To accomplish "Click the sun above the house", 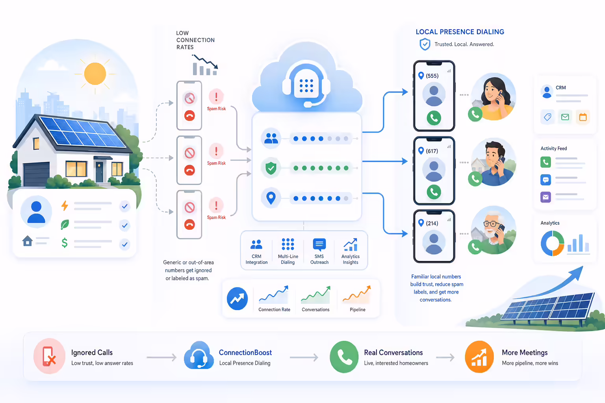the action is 95,74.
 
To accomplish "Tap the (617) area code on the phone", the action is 432,151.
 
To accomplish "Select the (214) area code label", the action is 432,223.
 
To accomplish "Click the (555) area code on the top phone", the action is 432,76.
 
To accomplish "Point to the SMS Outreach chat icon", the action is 319,244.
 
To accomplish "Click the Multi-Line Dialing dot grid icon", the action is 288,244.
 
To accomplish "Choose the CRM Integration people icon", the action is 256,244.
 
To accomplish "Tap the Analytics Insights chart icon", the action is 351,244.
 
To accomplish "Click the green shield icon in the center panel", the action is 271,168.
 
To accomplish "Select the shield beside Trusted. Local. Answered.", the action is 425,44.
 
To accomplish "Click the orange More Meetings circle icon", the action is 479,357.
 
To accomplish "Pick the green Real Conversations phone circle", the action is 344,357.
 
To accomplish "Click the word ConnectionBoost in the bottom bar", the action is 245,353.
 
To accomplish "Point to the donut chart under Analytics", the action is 552,243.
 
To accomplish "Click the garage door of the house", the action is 36,174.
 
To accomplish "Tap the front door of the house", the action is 99,172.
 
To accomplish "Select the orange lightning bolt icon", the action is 65,206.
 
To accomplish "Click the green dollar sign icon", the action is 65,243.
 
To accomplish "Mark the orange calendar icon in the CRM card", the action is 583,117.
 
